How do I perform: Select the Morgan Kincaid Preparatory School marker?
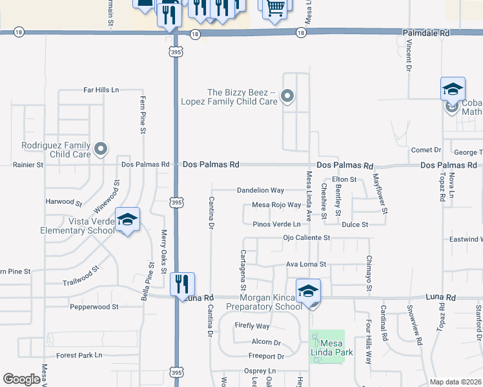(309, 291)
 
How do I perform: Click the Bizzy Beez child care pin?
(287, 97)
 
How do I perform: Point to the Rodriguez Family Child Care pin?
(100, 150)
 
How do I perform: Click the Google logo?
(21, 379)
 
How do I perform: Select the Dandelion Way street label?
(260, 190)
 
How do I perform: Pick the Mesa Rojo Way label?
(276, 205)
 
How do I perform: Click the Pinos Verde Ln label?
(276, 224)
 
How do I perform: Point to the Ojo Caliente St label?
(307, 237)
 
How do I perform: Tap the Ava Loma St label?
(306, 264)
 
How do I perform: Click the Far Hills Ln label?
(101, 90)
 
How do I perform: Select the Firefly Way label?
(252, 326)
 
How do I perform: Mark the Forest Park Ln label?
(79, 355)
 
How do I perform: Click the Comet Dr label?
(426, 150)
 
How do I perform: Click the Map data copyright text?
(455, 382)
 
